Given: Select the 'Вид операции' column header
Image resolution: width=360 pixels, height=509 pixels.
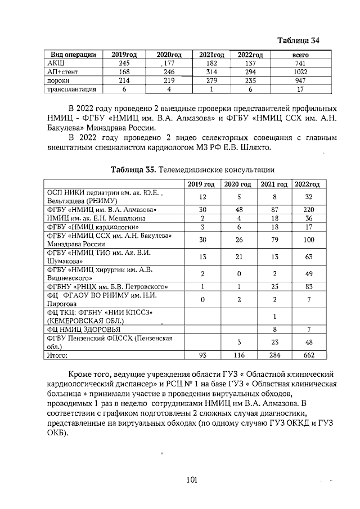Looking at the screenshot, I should pos(74,55).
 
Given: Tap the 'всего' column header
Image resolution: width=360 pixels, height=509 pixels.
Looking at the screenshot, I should pos(301,55).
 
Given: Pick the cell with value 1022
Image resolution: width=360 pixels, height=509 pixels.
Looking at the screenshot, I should pos(301,72).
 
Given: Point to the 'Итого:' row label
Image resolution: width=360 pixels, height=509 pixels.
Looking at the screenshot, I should pos(57,355).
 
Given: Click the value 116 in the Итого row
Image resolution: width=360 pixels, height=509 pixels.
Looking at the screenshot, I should pos(239,355).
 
